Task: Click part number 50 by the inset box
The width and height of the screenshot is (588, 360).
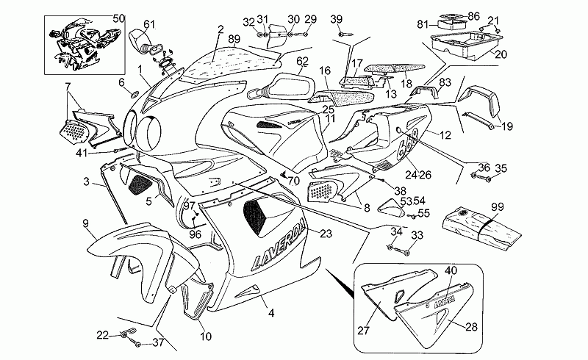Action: [119, 17]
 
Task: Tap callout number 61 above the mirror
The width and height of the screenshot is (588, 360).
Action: [149, 24]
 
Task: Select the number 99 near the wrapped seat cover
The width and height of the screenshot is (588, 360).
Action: [498, 207]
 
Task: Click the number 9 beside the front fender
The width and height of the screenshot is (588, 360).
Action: [85, 223]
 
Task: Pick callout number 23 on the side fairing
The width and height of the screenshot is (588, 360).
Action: [326, 233]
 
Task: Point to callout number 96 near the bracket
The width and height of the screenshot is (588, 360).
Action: [195, 235]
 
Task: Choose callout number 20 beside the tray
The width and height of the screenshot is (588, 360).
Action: [501, 54]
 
